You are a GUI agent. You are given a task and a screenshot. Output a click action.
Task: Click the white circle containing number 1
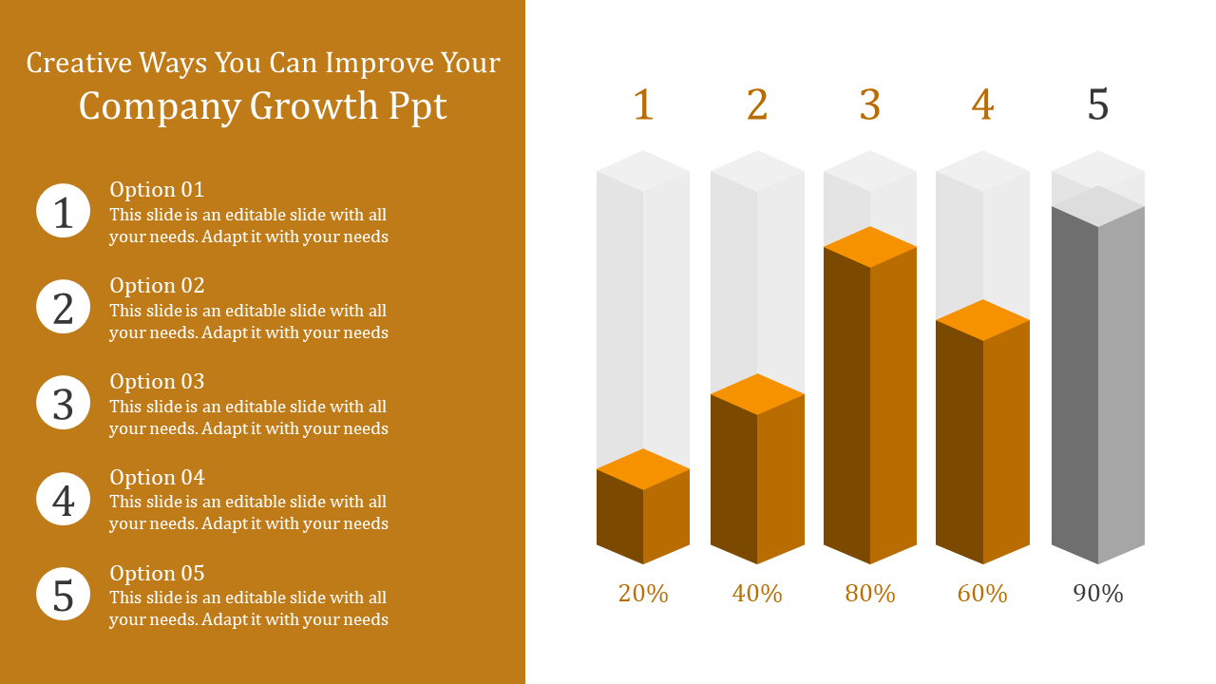(x=64, y=211)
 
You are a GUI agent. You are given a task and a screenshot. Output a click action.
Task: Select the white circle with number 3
(x=64, y=403)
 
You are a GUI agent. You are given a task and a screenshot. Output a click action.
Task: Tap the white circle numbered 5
(x=64, y=594)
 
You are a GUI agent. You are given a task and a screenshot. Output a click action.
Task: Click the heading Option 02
(x=157, y=285)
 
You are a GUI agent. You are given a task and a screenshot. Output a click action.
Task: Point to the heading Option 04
(x=157, y=477)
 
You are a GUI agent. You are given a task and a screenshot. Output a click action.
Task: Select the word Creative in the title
(x=79, y=63)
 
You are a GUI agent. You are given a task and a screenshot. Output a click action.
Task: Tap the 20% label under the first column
(x=643, y=594)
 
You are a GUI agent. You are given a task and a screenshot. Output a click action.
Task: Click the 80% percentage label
(x=870, y=594)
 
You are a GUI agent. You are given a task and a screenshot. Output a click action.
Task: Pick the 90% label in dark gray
(x=1098, y=594)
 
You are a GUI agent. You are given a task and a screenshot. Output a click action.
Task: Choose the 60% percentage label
(x=982, y=594)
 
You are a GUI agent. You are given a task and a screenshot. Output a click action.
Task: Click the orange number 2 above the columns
(x=757, y=104)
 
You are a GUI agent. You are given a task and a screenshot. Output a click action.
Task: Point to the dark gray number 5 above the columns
(x=1098, y=104)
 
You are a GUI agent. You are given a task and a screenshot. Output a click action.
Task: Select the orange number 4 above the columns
(x=982, y=104)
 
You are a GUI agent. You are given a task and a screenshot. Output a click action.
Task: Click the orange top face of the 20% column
(x=643, y=469)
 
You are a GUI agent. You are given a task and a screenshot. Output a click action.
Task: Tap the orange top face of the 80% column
(x=870, y=247)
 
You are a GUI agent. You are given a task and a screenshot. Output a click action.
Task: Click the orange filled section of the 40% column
(x=757, y=484)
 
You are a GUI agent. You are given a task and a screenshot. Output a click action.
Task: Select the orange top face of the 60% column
(x=982, y=320)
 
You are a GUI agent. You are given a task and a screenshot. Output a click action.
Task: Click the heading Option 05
(x=157, y=573)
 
